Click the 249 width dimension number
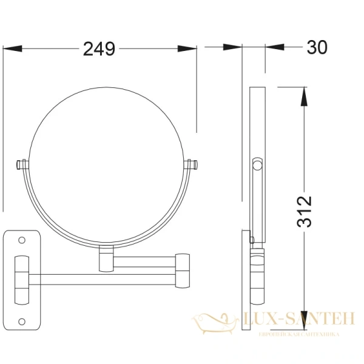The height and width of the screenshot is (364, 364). (98, 49)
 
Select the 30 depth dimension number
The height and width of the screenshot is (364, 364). (317, 47)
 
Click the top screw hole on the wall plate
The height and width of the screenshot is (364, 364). (22, 241)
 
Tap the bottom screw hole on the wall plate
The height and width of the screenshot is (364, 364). (22, 322)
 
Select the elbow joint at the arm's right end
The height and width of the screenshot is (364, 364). (182, 269)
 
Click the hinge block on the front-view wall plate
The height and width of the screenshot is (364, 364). (22, 281)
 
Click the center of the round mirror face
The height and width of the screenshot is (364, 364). (106, 163)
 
